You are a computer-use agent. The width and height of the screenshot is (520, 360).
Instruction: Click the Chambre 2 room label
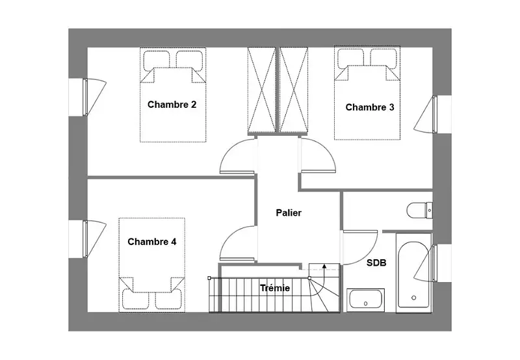click(x=172, y=105)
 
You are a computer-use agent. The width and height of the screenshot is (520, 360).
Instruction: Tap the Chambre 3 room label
click(x=370, y=107)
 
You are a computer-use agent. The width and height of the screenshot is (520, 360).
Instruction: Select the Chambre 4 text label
click(x=152, y=242)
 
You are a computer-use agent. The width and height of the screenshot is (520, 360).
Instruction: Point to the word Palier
click(x=289, y=212)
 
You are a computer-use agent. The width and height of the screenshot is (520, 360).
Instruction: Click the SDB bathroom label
click(x=376, y=263)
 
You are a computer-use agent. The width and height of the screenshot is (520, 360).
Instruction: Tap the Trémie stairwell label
click(x=275, y=288)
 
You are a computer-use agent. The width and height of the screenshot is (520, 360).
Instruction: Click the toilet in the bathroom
click(x=420, y=210)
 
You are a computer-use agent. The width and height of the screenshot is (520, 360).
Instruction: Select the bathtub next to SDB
click(x=413, y=272)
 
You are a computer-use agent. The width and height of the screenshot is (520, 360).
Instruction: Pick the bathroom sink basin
click(x=365, y=300)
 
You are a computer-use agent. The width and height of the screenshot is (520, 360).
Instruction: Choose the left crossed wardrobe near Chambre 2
click(x=262, y=90)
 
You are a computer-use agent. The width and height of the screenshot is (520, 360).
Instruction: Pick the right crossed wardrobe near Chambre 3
click(x=294, y=90)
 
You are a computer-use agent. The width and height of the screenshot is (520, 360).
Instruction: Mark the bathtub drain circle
click(x=413, y=298)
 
